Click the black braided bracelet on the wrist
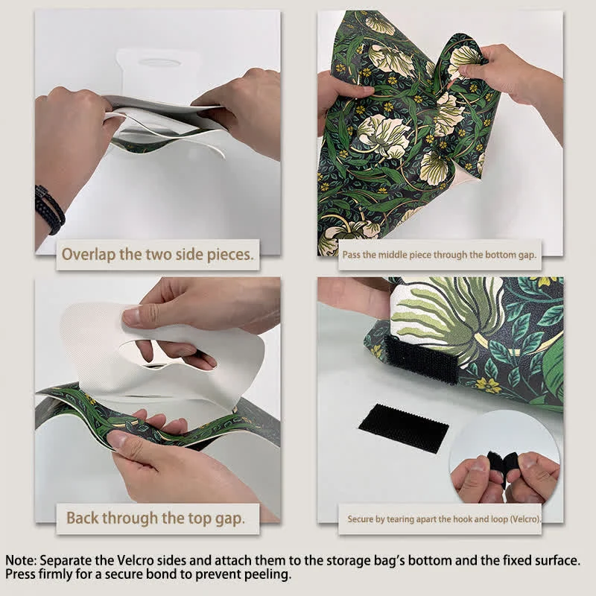click(49, 209)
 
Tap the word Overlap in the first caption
click(88, 254)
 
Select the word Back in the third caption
click(83, 518)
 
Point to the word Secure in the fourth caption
click(361, 519)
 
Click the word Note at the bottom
click(21, 560)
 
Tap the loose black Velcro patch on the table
click(403, 428)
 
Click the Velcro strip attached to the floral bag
click(421, 360)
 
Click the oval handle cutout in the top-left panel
click(159, 63)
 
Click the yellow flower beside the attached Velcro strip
click(488, 385)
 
